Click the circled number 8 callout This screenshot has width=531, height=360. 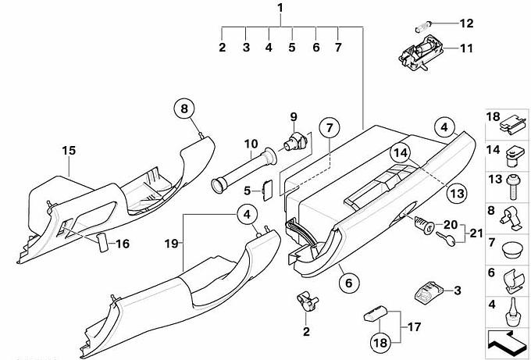[x=184, y=109]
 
